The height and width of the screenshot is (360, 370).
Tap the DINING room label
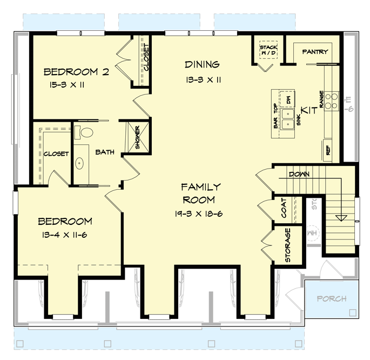coord(202,65)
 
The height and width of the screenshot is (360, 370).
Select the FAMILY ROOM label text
coord(201,193)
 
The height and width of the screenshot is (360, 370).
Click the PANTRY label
coord(315,52)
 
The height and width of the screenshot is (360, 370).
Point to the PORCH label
coord(331,298)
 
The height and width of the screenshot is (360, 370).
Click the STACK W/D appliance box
coord(268,50)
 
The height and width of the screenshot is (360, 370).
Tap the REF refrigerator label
coord(328,149)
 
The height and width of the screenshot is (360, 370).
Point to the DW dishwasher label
coord(290,99)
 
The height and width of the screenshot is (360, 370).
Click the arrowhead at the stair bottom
coord(340,218)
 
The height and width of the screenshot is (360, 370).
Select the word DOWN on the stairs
coord(298,175)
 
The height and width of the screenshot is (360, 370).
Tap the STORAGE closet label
coord(288,245)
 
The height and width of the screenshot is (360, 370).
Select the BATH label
coord(105,152)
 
